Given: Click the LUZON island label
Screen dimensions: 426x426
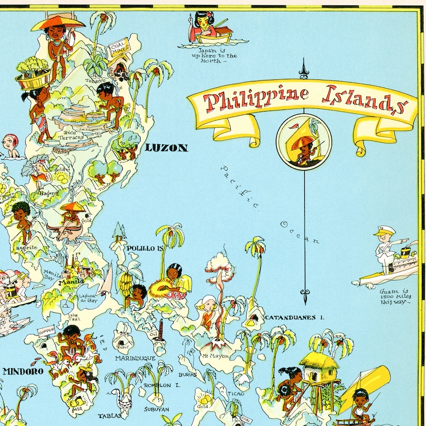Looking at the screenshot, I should tap(167, 148).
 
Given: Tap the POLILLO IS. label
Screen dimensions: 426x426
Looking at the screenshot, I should tap(144, 248).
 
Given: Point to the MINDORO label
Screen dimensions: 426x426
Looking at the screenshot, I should tap(20, 370).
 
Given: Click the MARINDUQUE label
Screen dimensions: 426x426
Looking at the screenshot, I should tap(135, 358).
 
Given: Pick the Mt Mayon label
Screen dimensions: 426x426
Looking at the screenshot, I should tap(215, 356).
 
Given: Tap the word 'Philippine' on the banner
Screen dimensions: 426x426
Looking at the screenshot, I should tap(253, 99).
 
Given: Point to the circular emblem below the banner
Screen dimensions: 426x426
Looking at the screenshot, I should tap(304, 141).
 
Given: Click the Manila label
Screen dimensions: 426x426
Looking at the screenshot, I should tap(71, 281).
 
